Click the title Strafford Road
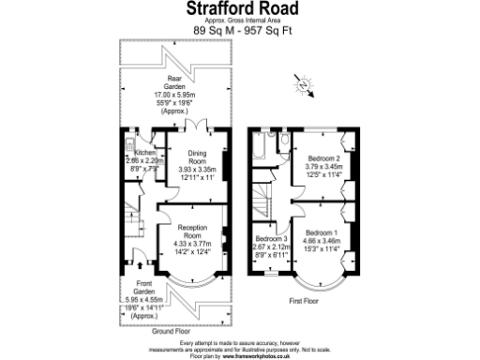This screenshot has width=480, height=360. click(239, 10)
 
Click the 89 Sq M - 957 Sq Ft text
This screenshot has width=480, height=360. click(239, 30)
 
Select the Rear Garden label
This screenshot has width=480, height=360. click(173, 79)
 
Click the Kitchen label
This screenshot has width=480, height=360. click(144, 152)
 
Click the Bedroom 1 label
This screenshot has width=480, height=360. click(322, 232)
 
